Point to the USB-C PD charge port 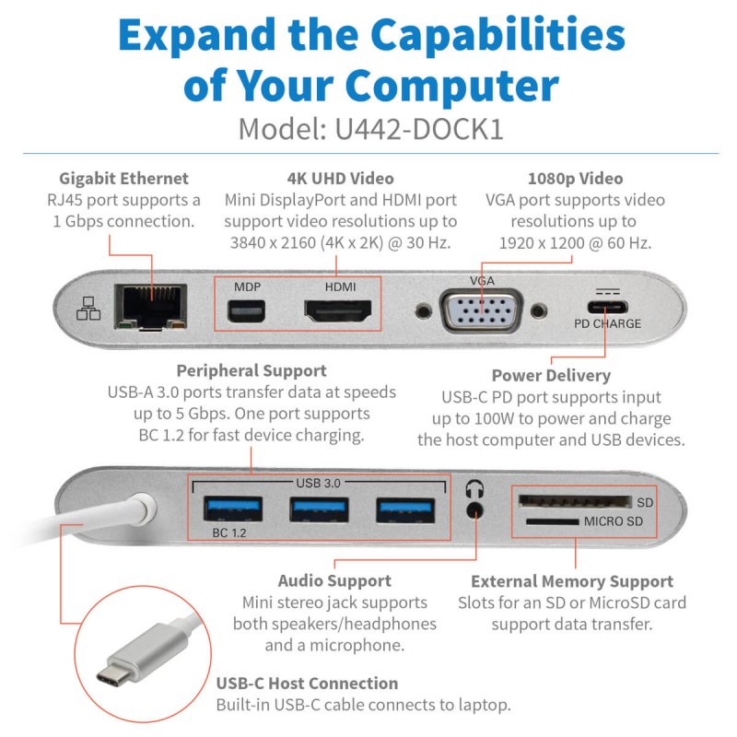(x=604, y=308)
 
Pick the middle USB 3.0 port (x=319, y=508)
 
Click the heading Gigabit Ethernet (x=123, y=179)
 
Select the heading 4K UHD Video (x=341, y=179)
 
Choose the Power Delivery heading (x=551, y=376)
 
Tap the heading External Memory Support (x=571, y=581)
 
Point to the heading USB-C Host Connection (x=307, y=684)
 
